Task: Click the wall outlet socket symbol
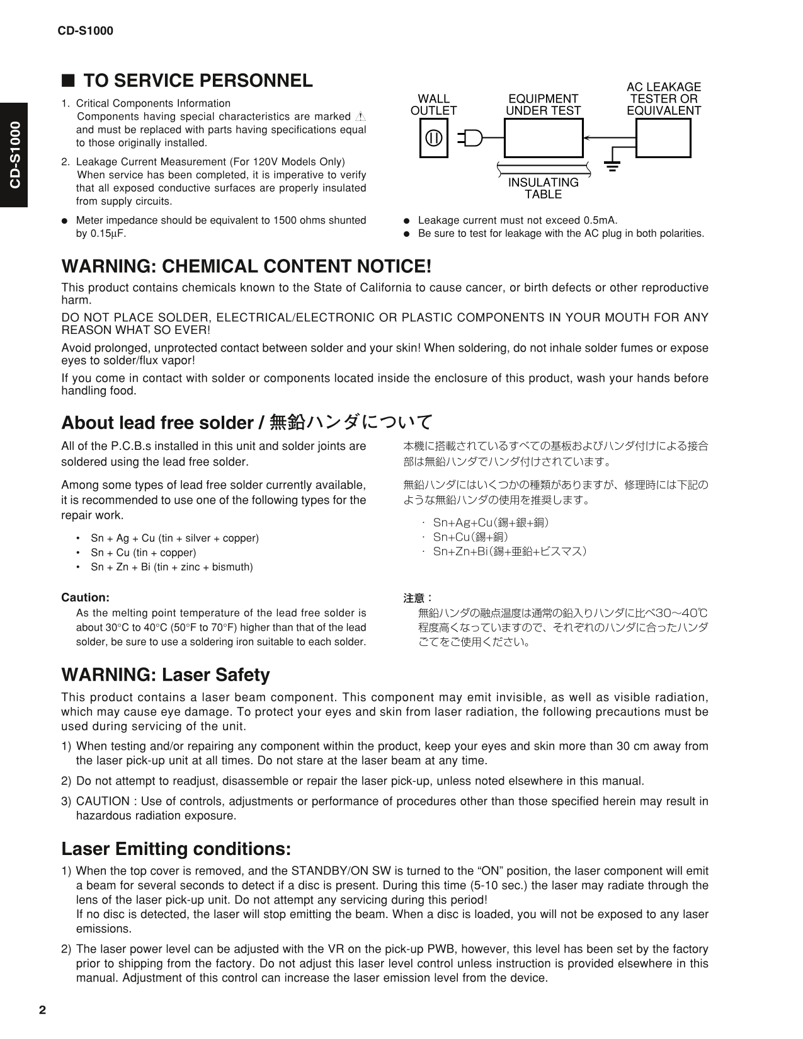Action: pyautogui.click(x=434, y=138)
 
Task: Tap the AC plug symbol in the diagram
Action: pyautogui.click(x=472, y=138)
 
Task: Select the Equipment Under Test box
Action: pyautogui.click(x=543, y=138)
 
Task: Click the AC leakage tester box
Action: pyautogui.click(x=663, y=138)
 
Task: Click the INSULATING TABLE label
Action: pyautogui.click(x=543, y=188)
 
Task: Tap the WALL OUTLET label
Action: pyautogui.click(x=433, y=105)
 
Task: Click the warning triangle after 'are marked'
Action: pyautogui.click(x=360, y=116)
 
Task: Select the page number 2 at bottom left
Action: pyautogui.click(x=42, y=1011)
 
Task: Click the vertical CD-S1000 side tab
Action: pyautogui.click(x=14, y=155)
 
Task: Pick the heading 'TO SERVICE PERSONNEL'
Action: pyautogui.click(x=198, y=81)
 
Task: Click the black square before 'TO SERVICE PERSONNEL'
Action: pyautogui.click(x=68, y=81)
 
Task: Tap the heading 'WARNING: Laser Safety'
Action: pyautogui.click(x=165, y=675)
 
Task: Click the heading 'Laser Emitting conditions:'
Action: pyautogui.click(x=176, y=849)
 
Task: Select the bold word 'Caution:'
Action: pyautogui.click(x=85, y=597)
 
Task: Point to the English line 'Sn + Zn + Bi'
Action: pyautogui.click(x=171, y=566)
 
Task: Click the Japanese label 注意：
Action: pyautogui.click(x=418, y=597)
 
